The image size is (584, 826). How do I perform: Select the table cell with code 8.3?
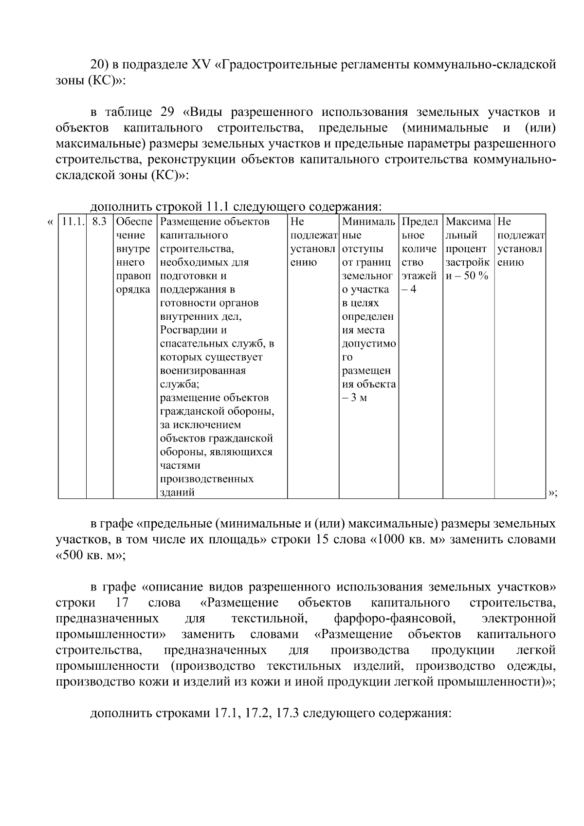click(x=99, y=222)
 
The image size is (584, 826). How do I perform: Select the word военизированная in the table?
click(x=203, y=370)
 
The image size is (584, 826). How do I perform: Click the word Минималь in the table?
click(x=368, y=222)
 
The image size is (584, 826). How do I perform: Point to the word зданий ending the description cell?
click(x=178, y=492)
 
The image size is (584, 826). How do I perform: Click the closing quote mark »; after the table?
click(x=553, y=493)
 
